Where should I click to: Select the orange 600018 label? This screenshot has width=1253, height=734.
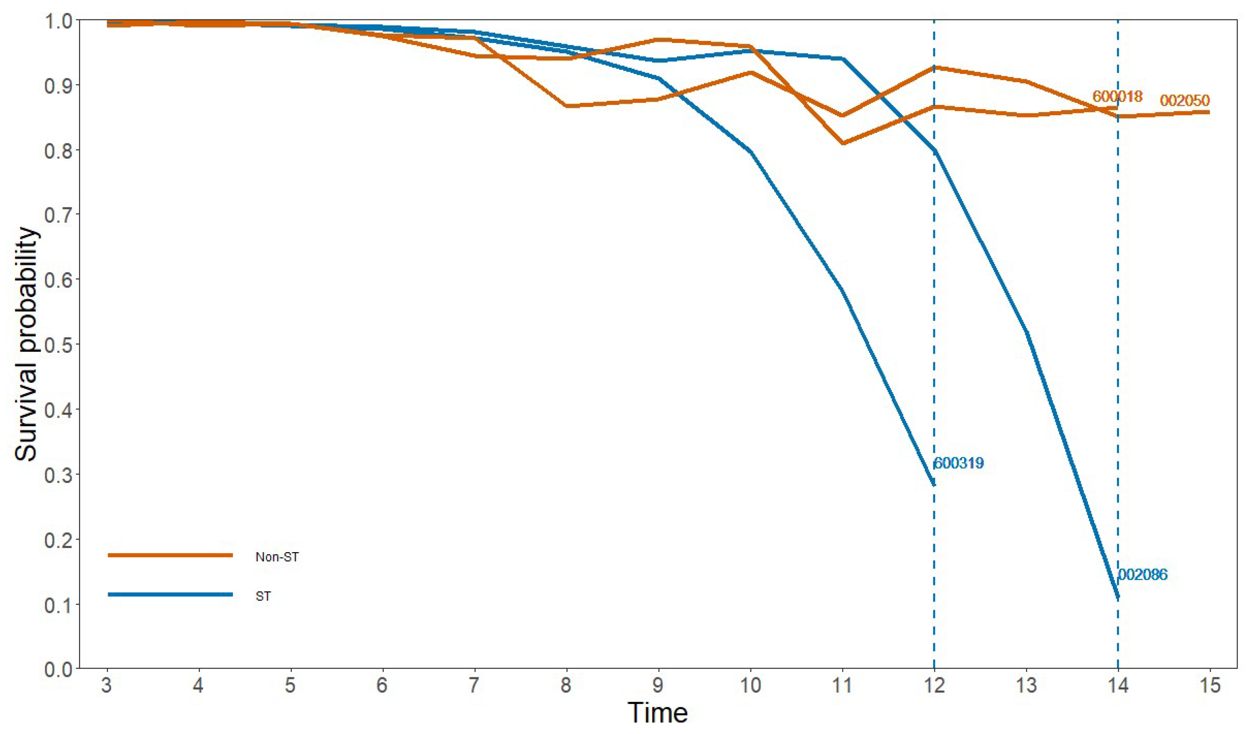coord(1117,96)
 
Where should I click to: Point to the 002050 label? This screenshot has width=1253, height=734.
coord(1185,101)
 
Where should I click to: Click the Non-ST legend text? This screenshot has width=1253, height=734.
coord(277,557)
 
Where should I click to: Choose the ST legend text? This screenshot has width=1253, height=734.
coord(263,596)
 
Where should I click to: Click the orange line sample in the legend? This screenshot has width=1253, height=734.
coord(170,555)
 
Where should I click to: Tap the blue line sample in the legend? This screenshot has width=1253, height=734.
coord(170,594)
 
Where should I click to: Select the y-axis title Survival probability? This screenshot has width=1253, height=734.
coord(26,344)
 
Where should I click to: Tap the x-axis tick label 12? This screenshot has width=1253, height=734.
coord(934,686)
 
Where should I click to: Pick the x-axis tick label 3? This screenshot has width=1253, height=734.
coord(107,686)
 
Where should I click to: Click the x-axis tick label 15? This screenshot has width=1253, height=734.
coord(1209,686)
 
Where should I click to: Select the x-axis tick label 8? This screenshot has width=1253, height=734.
coord(566,686)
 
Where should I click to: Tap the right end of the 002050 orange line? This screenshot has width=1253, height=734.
coord(1209,112)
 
